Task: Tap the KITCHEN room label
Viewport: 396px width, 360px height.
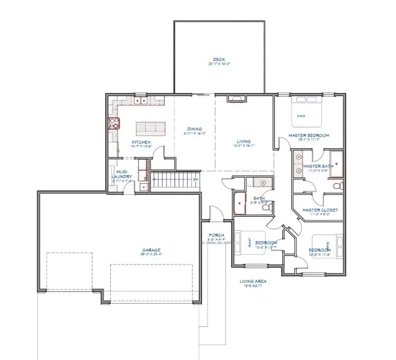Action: (x=141, y=143)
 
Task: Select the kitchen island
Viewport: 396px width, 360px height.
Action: (x=151, y=128)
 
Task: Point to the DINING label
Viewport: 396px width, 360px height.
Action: (x=195, y=129)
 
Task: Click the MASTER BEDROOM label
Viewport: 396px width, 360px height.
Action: (x=309, y=135)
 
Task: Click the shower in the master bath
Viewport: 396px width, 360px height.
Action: (x=333, y=161)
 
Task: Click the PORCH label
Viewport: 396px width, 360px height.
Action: (x=216, y=236)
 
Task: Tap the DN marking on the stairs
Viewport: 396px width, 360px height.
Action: (x=195, y=180)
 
